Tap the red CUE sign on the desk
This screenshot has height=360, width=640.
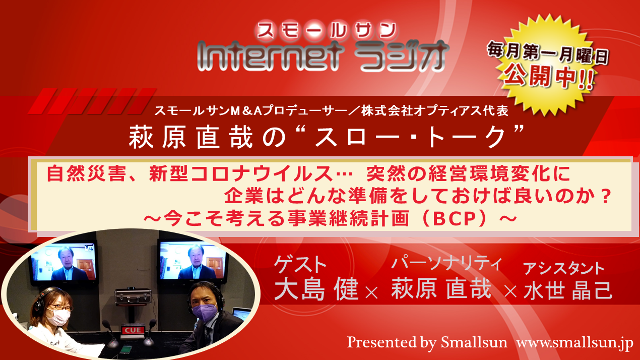[x=133, y=330]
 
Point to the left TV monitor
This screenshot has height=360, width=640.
[x=65, y=263]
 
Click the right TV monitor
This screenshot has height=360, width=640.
[x=193, y=261]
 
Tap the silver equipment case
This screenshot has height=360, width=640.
[x=133, y=296]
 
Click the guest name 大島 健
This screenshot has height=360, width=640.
[x=316, y=289]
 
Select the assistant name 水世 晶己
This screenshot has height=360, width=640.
[x=568, y=290]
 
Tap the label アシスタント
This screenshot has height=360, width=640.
[x=563, y=268]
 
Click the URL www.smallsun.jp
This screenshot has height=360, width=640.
[x=574, y=342]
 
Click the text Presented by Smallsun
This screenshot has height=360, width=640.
[x=427, y=342]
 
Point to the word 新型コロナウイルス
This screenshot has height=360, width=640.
[x=240, y=173]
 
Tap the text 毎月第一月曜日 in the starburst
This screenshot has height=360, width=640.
[x=547, y=52]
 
